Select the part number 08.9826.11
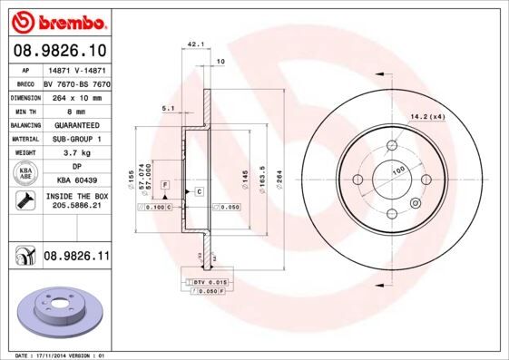tap(75, 258)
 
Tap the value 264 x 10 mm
tap(75, 95)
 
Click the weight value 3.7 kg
tap(75, 153)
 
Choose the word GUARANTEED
tap(75, 124)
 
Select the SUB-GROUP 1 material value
tap(75, 139)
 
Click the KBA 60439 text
tap(75, 181)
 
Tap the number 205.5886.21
tap(75, 207)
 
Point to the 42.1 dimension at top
tap(194, 43)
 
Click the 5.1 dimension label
tap(168, 109)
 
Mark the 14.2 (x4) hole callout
tap(427, 115)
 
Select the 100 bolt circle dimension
tap(397, 170)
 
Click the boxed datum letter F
tap(165, 185)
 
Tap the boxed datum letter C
tap(199, 191)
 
